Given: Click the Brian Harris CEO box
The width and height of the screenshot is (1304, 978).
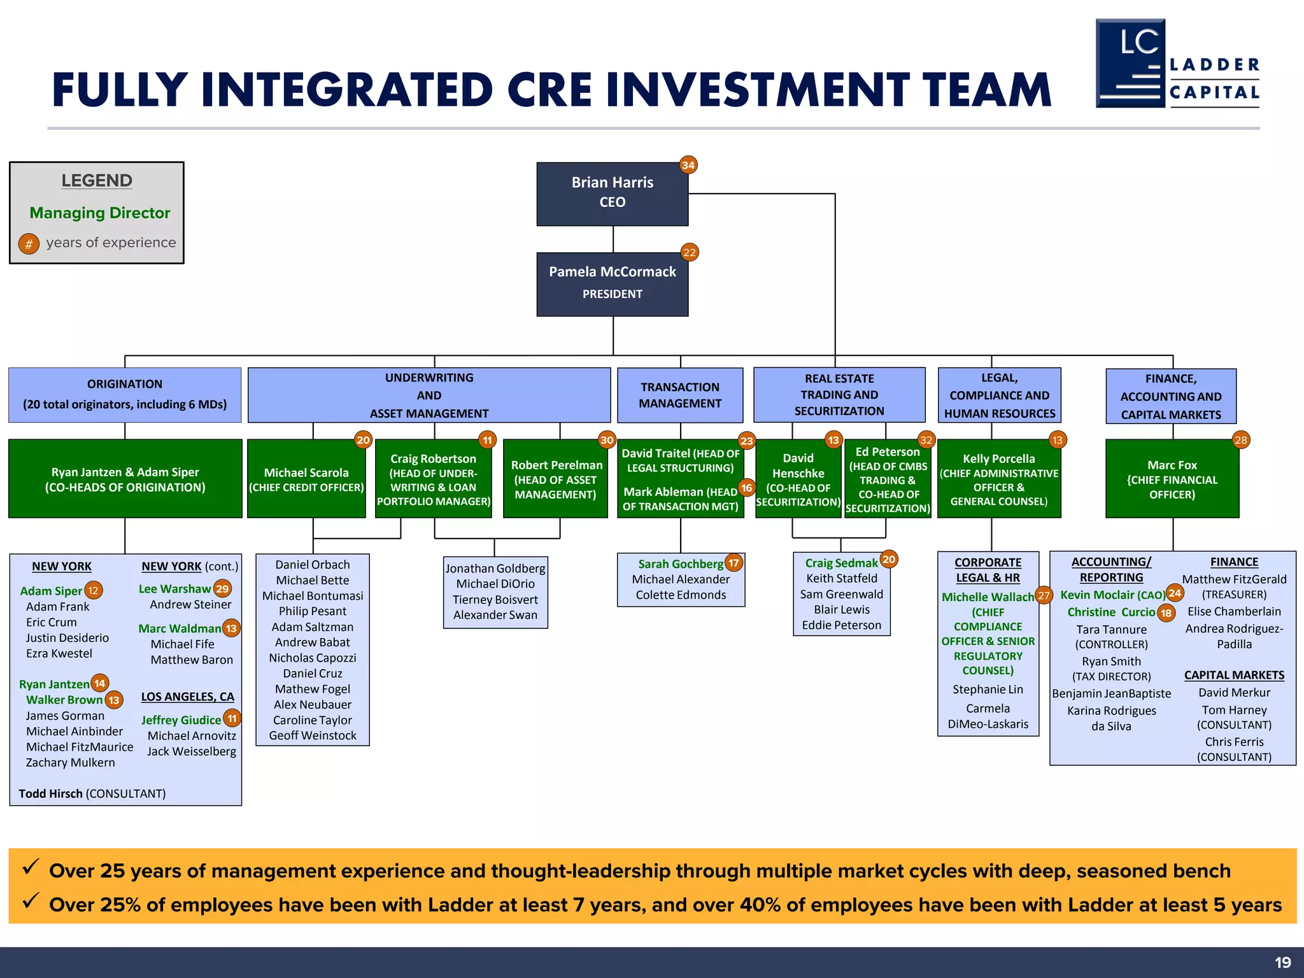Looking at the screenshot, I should (612, 194).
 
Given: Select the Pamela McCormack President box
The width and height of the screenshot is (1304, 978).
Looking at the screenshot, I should (612, 284).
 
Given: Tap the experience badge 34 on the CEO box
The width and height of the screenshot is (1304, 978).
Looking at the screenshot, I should (688, 165).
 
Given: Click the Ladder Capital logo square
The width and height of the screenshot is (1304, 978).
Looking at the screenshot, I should (1130, 63).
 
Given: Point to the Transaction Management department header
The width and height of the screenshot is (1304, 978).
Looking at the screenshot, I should (679, 395).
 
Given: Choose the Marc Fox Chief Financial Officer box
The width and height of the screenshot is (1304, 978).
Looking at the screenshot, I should (1172, 479).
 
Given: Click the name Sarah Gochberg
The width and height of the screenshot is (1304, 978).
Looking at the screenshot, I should (680, 564).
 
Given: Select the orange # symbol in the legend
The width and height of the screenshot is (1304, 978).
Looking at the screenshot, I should (29, 243).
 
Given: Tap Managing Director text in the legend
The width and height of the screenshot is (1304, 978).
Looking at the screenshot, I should (99, 213).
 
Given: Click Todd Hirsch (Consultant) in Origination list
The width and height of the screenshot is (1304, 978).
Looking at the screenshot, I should (92, 793).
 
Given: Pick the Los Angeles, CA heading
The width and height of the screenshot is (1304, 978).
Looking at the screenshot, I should (187, 697).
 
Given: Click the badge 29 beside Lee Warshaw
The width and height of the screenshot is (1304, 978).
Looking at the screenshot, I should (222, 589).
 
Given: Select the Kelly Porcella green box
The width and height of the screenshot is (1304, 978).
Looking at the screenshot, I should (998, 479).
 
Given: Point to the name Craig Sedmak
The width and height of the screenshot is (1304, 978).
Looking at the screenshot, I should (840, 563).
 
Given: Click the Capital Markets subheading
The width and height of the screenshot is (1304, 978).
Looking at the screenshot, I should (1233, 675).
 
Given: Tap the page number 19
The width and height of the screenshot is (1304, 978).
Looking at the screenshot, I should (1282, 962).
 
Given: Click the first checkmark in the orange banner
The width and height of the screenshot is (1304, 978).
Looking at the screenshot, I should (31, 867).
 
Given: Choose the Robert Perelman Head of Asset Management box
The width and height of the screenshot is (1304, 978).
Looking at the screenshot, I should (555, 479).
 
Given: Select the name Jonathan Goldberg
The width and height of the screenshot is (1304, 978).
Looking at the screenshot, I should (495, 568).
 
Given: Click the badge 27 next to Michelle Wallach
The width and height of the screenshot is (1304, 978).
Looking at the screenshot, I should (1044, 596).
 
